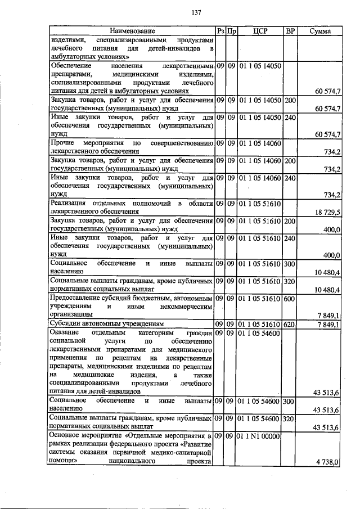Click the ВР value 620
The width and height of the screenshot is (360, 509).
pyautogui.click(x=290, y=325)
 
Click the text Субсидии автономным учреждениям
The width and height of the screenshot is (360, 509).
pyautogui.click(x=107, y=325)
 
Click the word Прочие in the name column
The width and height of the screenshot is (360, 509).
pyautogui.click(x=62, y=143)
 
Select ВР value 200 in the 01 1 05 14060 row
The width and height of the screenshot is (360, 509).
pyautogui.click(x=290, y=161)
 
